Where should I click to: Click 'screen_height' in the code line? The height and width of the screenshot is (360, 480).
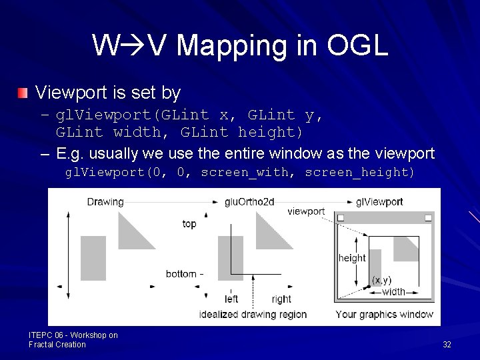[x=360, y=173]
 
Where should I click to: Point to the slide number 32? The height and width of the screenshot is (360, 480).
[x=447, y=345]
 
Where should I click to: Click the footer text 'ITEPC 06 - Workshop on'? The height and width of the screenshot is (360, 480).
[x=73, y=335]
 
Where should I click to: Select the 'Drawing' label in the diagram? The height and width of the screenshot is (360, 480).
[x=105, y=201]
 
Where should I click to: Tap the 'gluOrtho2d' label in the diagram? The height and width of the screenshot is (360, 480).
[x=249, y=201]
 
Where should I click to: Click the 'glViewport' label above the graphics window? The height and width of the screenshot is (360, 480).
[x=379, y=201]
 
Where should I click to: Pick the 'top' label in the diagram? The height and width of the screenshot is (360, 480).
[x=189, y=224]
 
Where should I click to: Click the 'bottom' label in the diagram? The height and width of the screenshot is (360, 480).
[x=181, y=274]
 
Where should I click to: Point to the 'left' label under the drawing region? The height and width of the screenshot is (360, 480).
[x=231, y=299]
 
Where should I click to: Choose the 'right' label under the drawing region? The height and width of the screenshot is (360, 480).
[x=281, y=299]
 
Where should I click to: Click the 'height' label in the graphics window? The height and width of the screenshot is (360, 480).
[x=352, y=258]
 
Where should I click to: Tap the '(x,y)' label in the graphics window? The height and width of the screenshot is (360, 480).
[x=381, y=280]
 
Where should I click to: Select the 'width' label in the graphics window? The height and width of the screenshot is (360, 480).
[x=393, y=292]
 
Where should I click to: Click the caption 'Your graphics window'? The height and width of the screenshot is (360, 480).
[x=384, y=314]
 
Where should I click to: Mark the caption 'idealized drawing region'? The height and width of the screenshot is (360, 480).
[x=253, y=314]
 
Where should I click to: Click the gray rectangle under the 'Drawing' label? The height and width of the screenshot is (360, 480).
[x=93, y=258]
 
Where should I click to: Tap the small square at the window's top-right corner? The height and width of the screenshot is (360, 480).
[x=428, y=218]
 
